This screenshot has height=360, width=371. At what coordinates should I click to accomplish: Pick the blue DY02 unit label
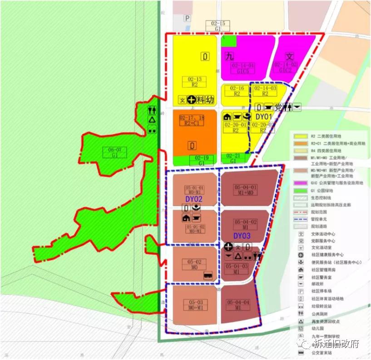[194, 199]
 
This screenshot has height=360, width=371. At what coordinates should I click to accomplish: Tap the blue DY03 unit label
[242, 236]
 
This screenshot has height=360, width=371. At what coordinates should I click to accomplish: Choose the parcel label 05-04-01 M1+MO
[246, 190]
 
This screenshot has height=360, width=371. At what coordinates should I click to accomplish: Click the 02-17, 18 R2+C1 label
[193, 120]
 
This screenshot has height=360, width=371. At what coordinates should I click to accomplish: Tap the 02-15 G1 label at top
[218, 26]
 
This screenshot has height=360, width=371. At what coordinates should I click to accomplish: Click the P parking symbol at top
[187, 18]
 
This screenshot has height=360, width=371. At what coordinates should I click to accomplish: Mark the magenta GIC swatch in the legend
[300, 182]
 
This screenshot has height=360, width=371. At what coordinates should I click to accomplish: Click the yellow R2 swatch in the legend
[300, 136]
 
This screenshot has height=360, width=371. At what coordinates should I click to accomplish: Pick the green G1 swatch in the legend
[300, 190]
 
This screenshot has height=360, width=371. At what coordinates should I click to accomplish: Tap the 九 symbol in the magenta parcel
[229, 56]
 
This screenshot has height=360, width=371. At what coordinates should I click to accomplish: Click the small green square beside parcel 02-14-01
[229, 41]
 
